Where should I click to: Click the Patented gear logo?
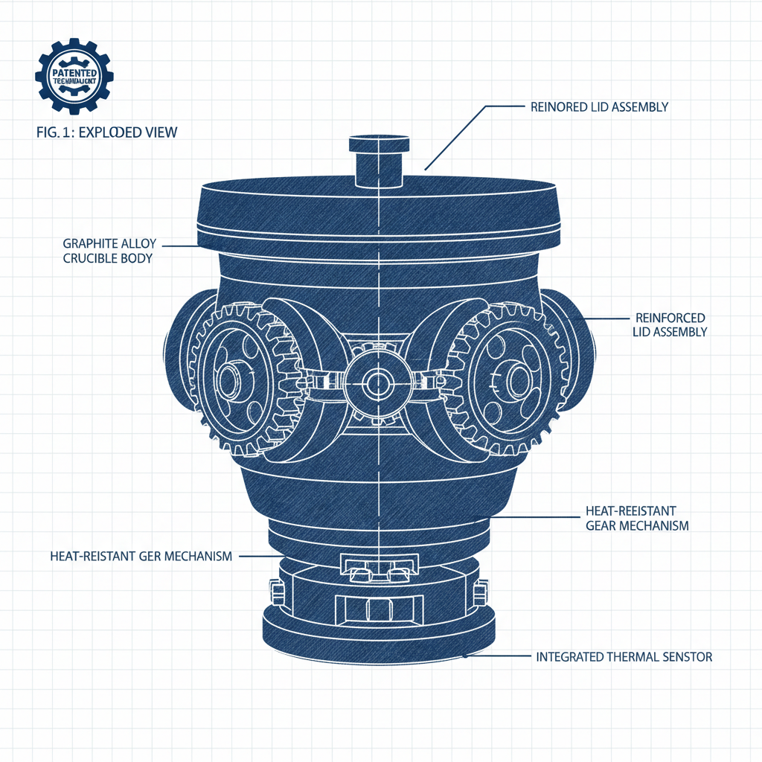point(74,76)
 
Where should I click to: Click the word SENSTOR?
point(687,657)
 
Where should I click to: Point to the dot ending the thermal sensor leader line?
point(465,656)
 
